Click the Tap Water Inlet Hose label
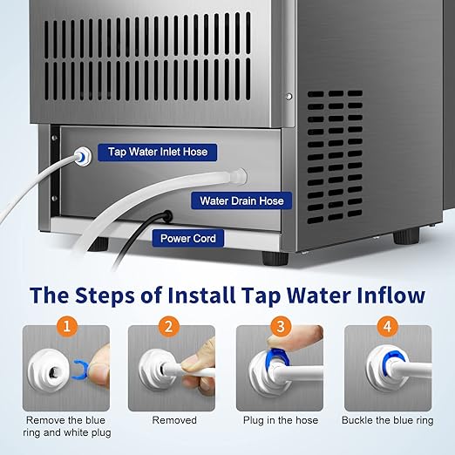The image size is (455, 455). coord(158,152)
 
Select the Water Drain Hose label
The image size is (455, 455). coord(241,201)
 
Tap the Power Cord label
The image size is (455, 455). coord(187,237)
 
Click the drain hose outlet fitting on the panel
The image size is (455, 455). coord(238,178)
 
